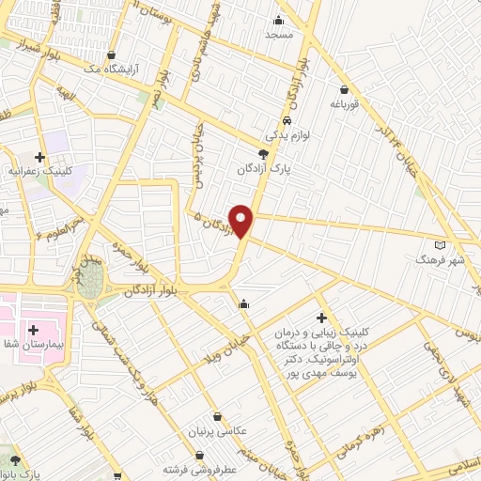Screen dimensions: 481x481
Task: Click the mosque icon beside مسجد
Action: tap(279, 21)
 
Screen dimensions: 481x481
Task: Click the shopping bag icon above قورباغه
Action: tap(345, 91)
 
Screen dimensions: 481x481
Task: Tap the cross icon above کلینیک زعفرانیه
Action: tap(39, 158)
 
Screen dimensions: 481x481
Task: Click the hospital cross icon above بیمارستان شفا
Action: tap(35, 330)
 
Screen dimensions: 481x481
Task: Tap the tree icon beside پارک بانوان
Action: tap(13, 460)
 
